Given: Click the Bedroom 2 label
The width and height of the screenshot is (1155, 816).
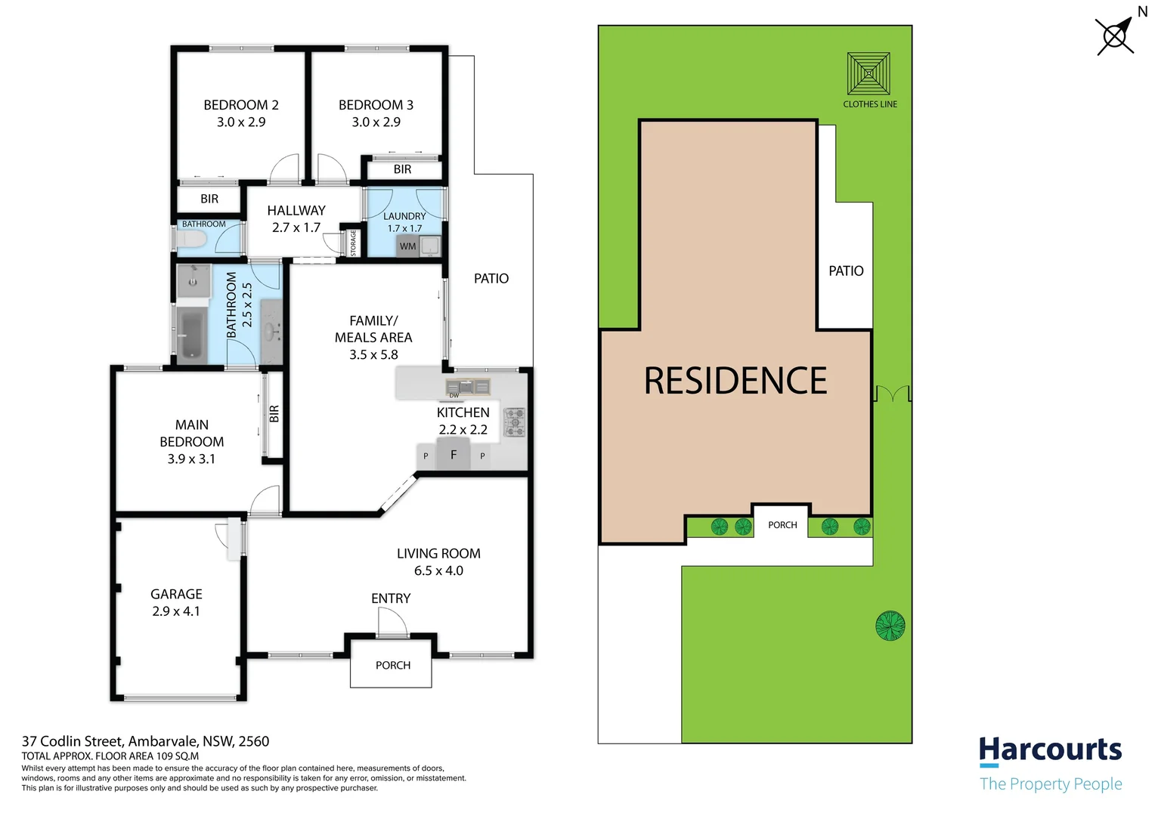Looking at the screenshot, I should coord(241,105).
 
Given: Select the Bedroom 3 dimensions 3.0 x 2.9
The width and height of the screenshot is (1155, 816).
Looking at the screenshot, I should coord(376,122).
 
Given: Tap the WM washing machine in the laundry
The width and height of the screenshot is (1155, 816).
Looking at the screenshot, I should coord(408,246).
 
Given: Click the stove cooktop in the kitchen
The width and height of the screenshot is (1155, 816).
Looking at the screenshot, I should coord(515,422).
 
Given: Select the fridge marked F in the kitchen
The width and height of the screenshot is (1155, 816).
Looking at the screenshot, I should coord(454,455).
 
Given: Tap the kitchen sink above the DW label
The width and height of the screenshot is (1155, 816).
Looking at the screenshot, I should coord(468,387).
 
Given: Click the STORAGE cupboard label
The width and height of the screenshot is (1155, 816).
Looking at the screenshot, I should coord(353,243).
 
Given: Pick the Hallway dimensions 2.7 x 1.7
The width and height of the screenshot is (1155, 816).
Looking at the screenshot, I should coord(296,227).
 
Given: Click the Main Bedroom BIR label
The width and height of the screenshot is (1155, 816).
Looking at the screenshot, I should coord(274,414).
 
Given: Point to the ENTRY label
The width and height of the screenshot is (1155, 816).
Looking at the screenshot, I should coord(391,598).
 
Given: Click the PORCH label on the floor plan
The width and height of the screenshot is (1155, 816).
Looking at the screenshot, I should coord(393,666).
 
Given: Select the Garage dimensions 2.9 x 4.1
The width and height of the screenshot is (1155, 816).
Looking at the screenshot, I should coord(176,611).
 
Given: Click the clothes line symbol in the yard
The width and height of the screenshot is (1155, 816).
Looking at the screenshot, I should coord(869,74).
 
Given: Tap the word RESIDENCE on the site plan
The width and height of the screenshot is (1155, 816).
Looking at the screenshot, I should coord(735,381).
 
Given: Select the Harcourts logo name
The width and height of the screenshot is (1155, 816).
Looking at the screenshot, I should coord(1050,750).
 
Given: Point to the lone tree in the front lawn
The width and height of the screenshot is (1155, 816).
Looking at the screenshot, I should coord(890,626).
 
